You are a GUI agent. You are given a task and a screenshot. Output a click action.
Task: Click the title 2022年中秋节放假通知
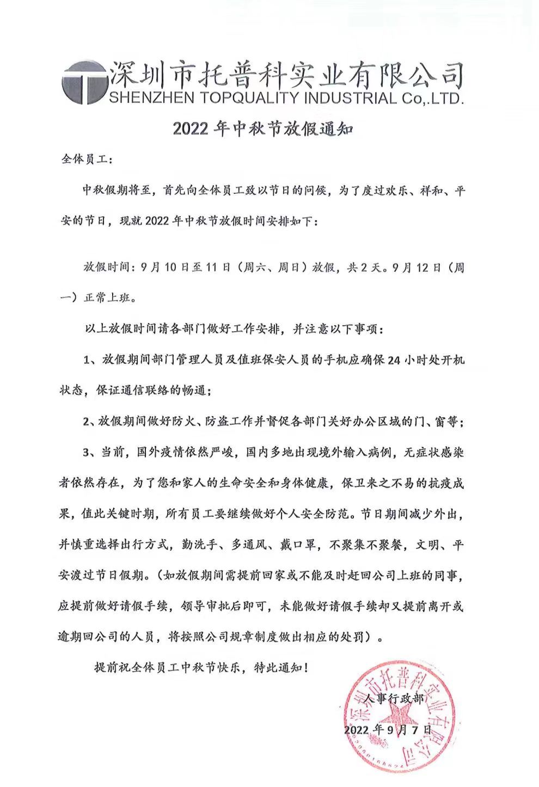coord(264,129)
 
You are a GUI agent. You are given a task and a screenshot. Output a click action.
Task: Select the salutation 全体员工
coord(84,160)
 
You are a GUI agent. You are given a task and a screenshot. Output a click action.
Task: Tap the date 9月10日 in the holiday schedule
coord(163,267)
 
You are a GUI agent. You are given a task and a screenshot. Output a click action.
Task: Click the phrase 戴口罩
coord(296,545)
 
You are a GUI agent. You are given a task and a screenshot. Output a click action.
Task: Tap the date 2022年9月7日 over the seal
coord(388,729)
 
